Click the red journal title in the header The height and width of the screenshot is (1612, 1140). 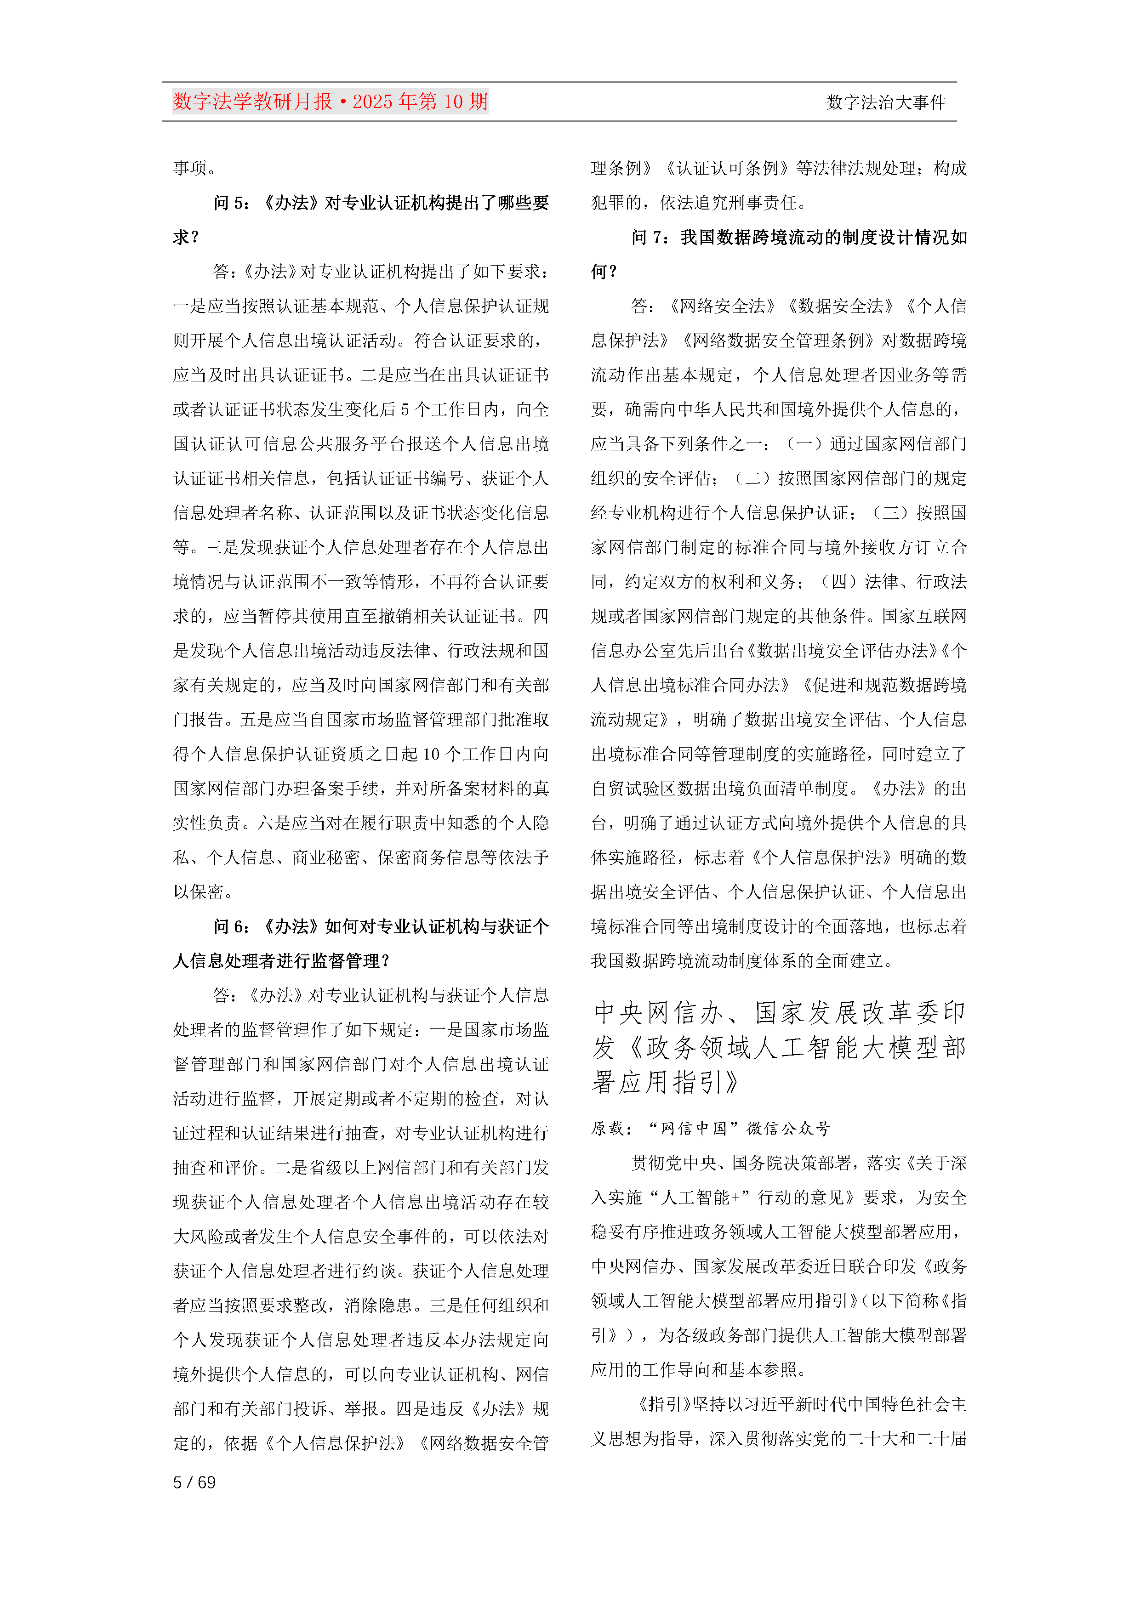pos(330,102)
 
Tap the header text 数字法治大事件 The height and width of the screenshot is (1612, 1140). pos(886,102)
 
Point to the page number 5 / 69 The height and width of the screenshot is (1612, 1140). pos(194,1482)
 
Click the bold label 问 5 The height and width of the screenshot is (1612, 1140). pos(231,203)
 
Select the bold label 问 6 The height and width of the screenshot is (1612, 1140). pos(231,927)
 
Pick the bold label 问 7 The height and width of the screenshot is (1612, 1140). pos(649,237)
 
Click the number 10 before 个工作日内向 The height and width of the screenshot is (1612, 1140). pos(431,754)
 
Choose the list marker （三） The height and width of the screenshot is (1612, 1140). pos(889,512)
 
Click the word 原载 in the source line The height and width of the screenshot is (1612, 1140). pos(608,1128)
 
